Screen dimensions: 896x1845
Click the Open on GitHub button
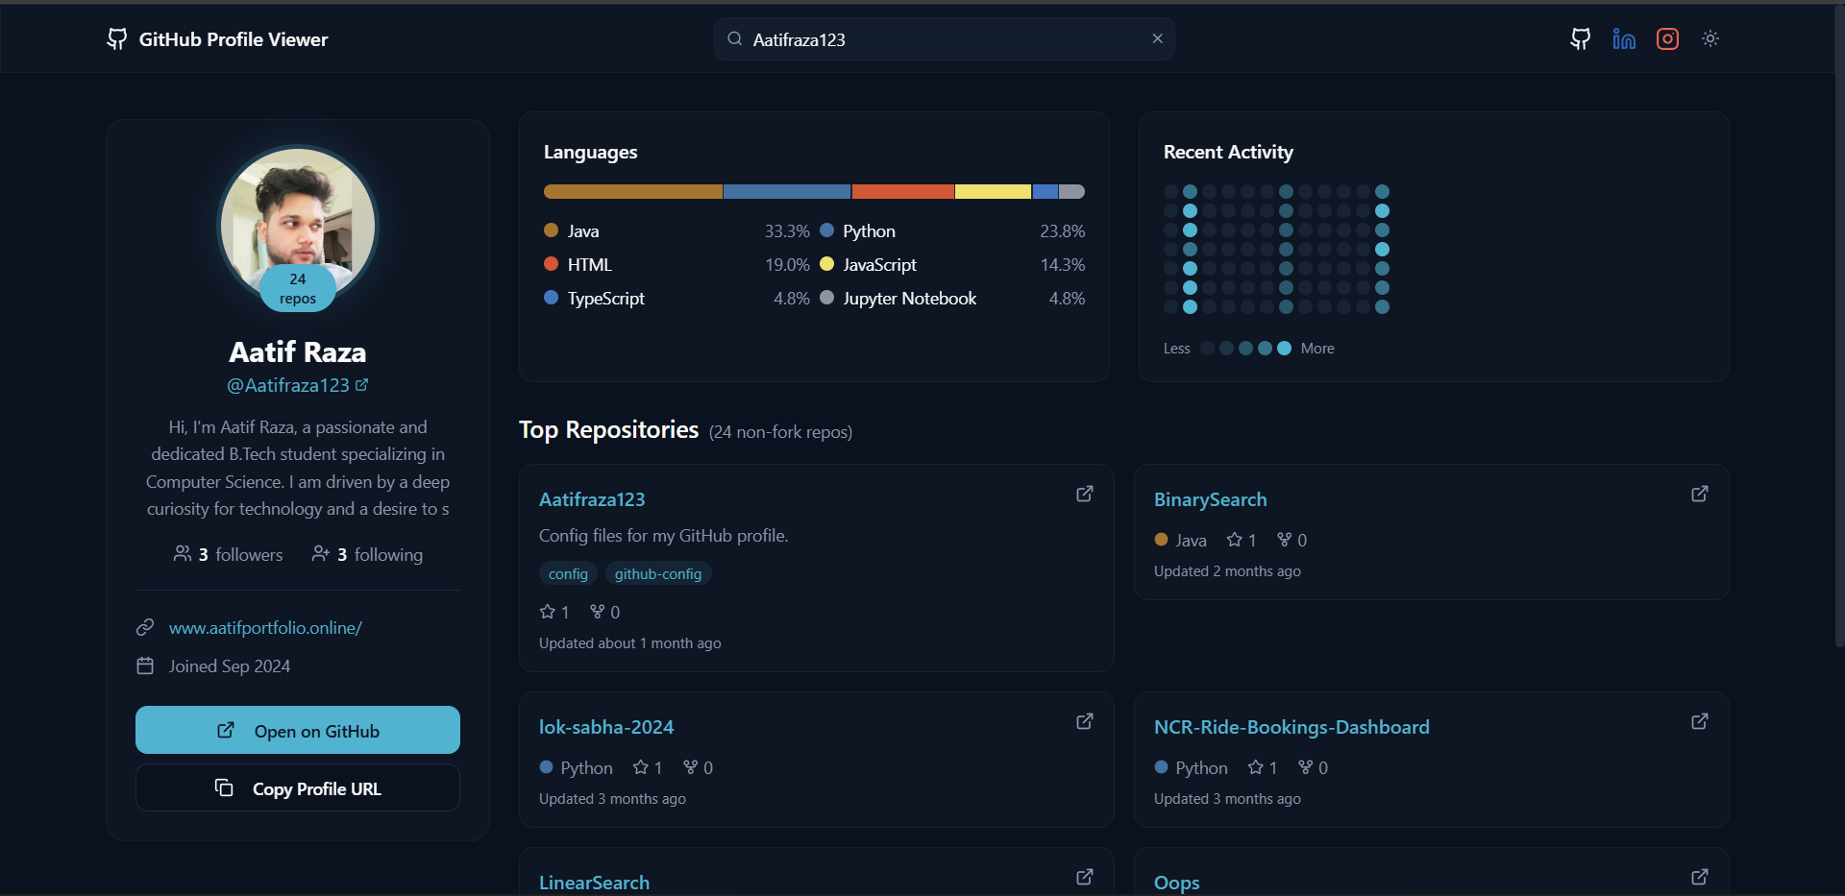[x=298, y=731]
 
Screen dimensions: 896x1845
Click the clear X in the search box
[x=1157, y=38]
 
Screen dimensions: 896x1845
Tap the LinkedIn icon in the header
[x=1624, y=38]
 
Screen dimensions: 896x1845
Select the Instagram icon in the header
[x=1667, y=38]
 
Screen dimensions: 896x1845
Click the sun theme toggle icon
[x=1710, y=38]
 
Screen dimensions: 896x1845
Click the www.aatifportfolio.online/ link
[x=265, y=628]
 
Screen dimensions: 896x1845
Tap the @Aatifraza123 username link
[x=288, y=385]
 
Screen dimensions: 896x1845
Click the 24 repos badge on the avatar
[x=298, y=288]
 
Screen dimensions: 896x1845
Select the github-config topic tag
[x=658, y=574]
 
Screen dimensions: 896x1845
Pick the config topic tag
[x=568, y=574]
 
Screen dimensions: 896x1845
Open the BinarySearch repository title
[x=1210, y=499]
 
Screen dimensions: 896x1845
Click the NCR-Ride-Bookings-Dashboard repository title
[x=1291, y=727]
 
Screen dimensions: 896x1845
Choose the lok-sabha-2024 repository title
[x=606, y=727]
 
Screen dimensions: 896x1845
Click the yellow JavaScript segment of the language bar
[x=993, y=192]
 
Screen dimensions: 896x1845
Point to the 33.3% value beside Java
[x=786, y=231]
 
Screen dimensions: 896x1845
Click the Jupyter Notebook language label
[x=909, y=299]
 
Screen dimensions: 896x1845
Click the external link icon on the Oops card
[x=1699, y=877]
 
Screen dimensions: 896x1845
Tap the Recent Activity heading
[x=1227, y=152]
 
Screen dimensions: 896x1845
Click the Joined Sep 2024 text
[x=230, y=666]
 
